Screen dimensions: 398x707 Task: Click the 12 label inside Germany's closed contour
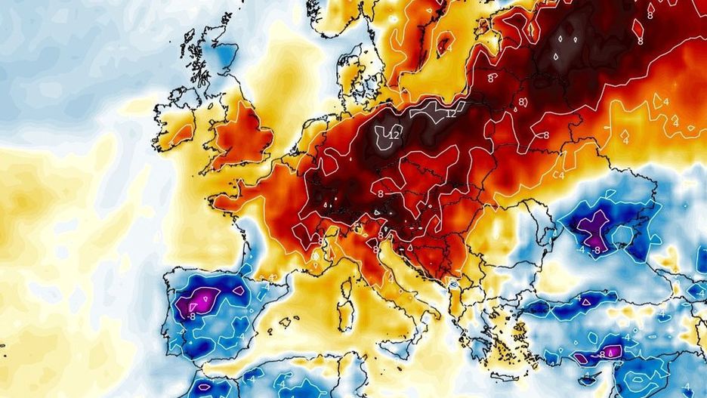pyautogui.click(x=394, y=134)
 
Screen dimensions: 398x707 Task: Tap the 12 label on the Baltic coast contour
pyautogui.click(x=451, y=113)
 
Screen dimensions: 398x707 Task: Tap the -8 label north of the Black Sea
pyautogui.click(x=597, y=249)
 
